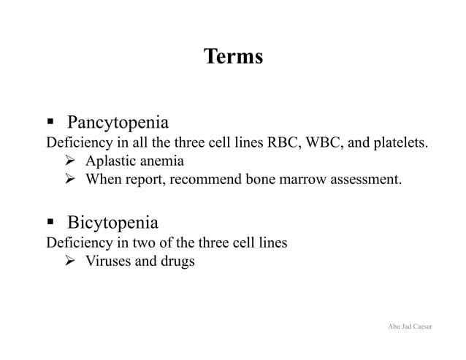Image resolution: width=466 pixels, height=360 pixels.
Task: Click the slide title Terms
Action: tap(233, 56)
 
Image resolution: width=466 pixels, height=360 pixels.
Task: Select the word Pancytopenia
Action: tap(118, 122)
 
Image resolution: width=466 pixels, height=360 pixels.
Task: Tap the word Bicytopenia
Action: tap(112, 222)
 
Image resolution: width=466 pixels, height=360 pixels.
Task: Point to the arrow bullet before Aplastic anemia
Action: tap(72, 161)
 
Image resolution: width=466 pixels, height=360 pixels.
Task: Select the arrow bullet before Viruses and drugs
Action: tap(72, 261)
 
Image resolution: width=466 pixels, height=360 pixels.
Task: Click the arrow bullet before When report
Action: tap(72, 180)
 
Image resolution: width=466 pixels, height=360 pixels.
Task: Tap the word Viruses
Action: tap(107, 261)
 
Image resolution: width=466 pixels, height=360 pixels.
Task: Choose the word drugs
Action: tap(178, 261)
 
